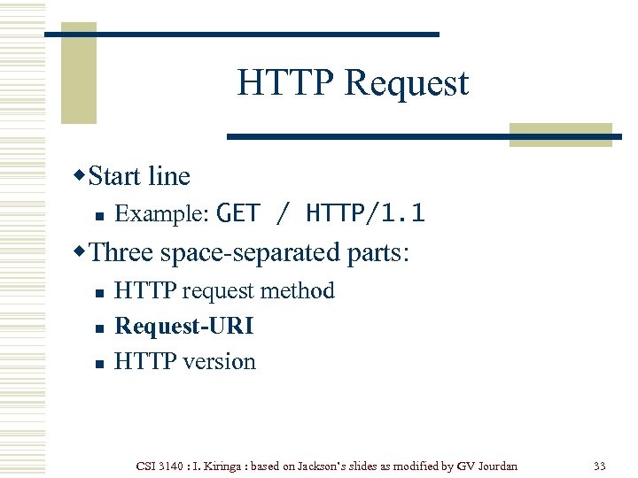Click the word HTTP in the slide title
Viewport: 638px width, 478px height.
[x=285, y=83]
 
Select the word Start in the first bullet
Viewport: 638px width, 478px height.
[x=116, y=176]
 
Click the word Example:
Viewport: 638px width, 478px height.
[x=162, y=213]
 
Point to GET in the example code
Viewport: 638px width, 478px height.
[x=238, y=213]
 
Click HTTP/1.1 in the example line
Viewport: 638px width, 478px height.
[x=365, y=213]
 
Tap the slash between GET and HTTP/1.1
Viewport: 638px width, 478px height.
[x=283, y=213]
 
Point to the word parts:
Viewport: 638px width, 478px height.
[x=377, y=252]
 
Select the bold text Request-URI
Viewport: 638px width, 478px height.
[x=184, y=327]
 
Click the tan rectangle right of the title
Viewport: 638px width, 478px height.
[x=561, y=134]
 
